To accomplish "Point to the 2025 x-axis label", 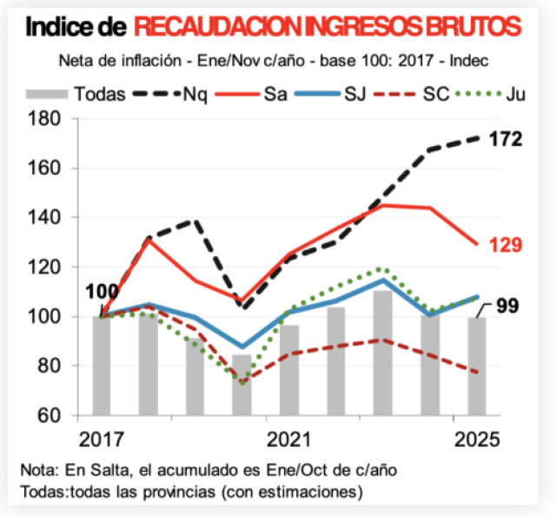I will (x=476, y=439).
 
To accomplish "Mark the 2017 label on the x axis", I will (x=102, y=439).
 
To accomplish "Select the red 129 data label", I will (x=505, y=246).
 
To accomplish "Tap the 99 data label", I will (x=510, y=306).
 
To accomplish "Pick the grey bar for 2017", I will (x=102, y=366).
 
